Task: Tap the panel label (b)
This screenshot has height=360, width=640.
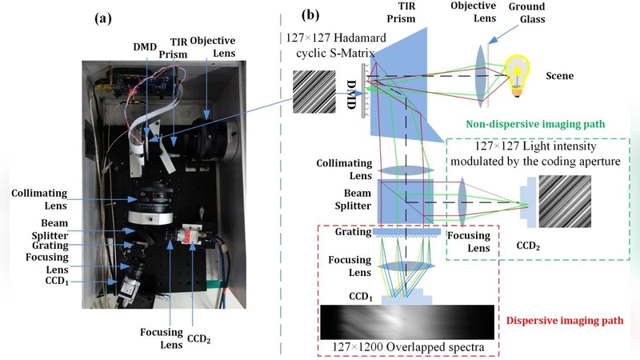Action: click(x=311, y=14)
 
